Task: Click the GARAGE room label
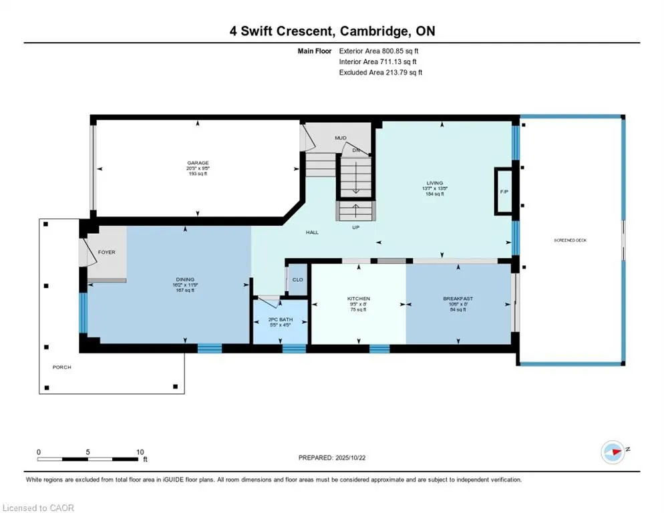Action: pos(198,163)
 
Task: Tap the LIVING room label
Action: pos(436,182)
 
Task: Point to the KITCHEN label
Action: pos(359,299)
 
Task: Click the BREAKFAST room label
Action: pos(458,299)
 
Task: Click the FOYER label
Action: pos(106,252)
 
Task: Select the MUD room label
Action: pos(341,138)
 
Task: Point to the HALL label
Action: pos(312,232)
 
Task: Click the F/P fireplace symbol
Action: pos(504,192)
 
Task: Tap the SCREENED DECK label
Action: pos(570,240)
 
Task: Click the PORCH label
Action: pos(62,367)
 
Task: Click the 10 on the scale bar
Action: pos(140,452)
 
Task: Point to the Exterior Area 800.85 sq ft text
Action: pos(379,51)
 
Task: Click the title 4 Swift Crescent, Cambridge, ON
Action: pos(332,31)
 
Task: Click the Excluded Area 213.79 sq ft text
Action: pos(380,72)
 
